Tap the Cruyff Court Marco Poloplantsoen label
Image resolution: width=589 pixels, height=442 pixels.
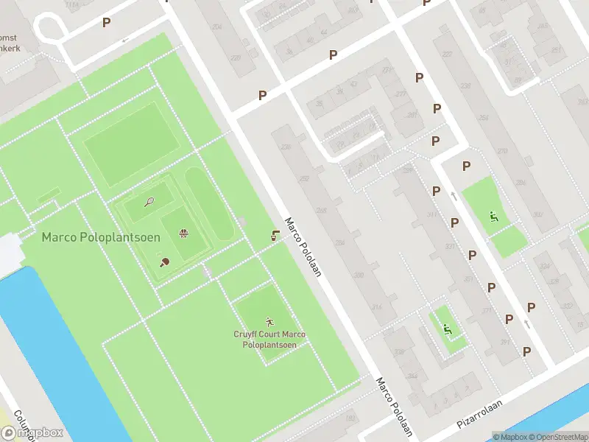[269, 340]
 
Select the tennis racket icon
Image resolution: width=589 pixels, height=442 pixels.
[149, 201]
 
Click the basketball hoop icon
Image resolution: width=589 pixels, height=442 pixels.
[183, 234]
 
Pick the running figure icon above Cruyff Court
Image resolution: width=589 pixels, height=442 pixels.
[269, 322]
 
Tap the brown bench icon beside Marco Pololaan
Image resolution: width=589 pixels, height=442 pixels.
[275, 236]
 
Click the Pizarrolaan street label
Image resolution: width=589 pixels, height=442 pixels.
[479, 415]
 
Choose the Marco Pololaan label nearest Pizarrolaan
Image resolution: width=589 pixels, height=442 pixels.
[394, 406]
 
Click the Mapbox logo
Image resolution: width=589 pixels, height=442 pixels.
[32, 433]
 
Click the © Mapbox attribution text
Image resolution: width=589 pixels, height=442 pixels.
[511, 436]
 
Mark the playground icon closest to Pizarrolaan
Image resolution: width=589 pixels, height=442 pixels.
[446, 329]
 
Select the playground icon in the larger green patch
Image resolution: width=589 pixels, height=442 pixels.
[493, 217]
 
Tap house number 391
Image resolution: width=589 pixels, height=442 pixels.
[505, 343]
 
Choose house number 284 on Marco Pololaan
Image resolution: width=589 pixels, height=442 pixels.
[339, 242]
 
